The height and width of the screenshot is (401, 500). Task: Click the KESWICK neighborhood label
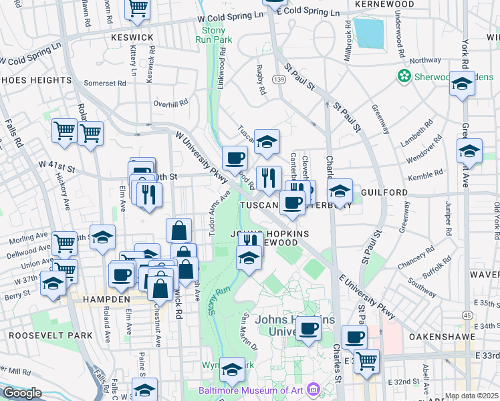tap(132, 37)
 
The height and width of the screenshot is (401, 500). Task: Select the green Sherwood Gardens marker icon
tap(404, 76)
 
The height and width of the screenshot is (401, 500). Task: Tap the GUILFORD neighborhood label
tap(384, 192)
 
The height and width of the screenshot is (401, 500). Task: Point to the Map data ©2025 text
tap(471, 396)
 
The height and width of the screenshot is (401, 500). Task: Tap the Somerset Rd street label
tap(105, 84)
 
